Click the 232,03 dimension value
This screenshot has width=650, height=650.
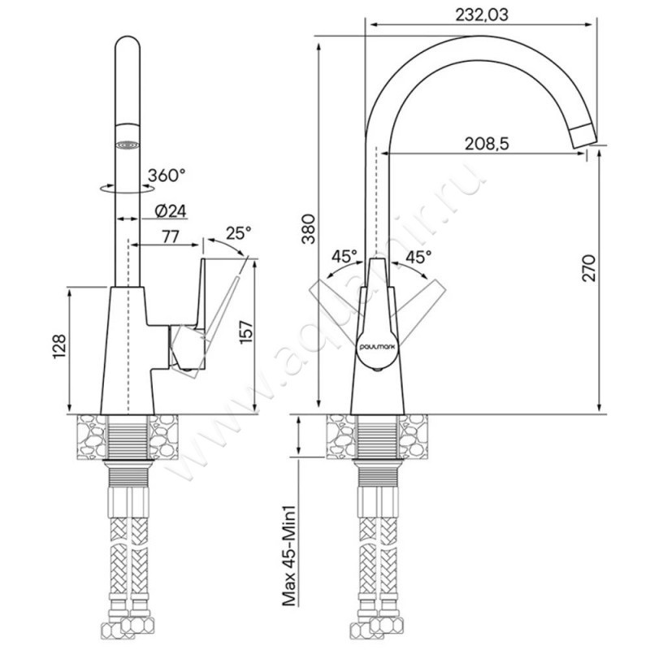[482, 15]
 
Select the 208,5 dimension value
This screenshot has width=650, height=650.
[487, 144]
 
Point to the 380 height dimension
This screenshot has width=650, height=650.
[309, 228]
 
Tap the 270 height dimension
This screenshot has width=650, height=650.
[588, 268]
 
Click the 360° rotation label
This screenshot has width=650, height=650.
[167, 175]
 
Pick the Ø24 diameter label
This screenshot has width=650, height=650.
[171, 211]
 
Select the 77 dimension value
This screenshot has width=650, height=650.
[171, 236]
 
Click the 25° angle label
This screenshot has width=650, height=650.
[238, 233]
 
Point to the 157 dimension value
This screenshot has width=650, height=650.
[247, 331]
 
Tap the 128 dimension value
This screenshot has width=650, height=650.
[59, 347]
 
